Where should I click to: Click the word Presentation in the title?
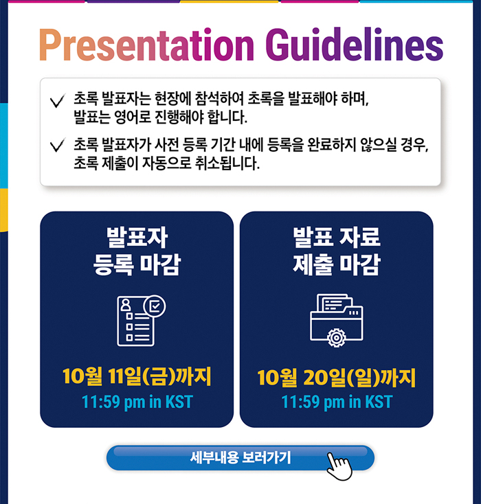click(x=147, y=45)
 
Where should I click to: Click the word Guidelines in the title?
click(x=355, y=45)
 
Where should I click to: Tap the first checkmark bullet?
click(x=58, y=100)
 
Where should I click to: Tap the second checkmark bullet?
click(x=58, y=145)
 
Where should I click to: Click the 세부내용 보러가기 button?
click(x=240, y=458)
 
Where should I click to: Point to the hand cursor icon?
click(x=339, y=466)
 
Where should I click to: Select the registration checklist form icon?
click(x=142, y=321)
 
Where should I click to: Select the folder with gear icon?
click(x=337, y=321)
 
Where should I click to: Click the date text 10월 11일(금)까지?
click(x=137, y=376)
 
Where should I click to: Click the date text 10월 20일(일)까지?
click(x=337, y=378)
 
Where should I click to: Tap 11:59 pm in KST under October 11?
click(x=137, y=402)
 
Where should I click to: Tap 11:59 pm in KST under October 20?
click(x=337, y=402)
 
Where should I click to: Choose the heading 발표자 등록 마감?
click(x=137, y=251)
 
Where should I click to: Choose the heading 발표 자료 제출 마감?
click(x=337, y=251)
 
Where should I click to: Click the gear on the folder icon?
click(x=336, y=338)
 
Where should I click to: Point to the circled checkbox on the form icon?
click(x=155, y=306)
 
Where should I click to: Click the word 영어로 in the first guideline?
click(x=132, y=117)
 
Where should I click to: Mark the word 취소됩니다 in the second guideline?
click(x=227, y=163)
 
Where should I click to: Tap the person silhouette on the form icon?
click(x=126, y=304)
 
